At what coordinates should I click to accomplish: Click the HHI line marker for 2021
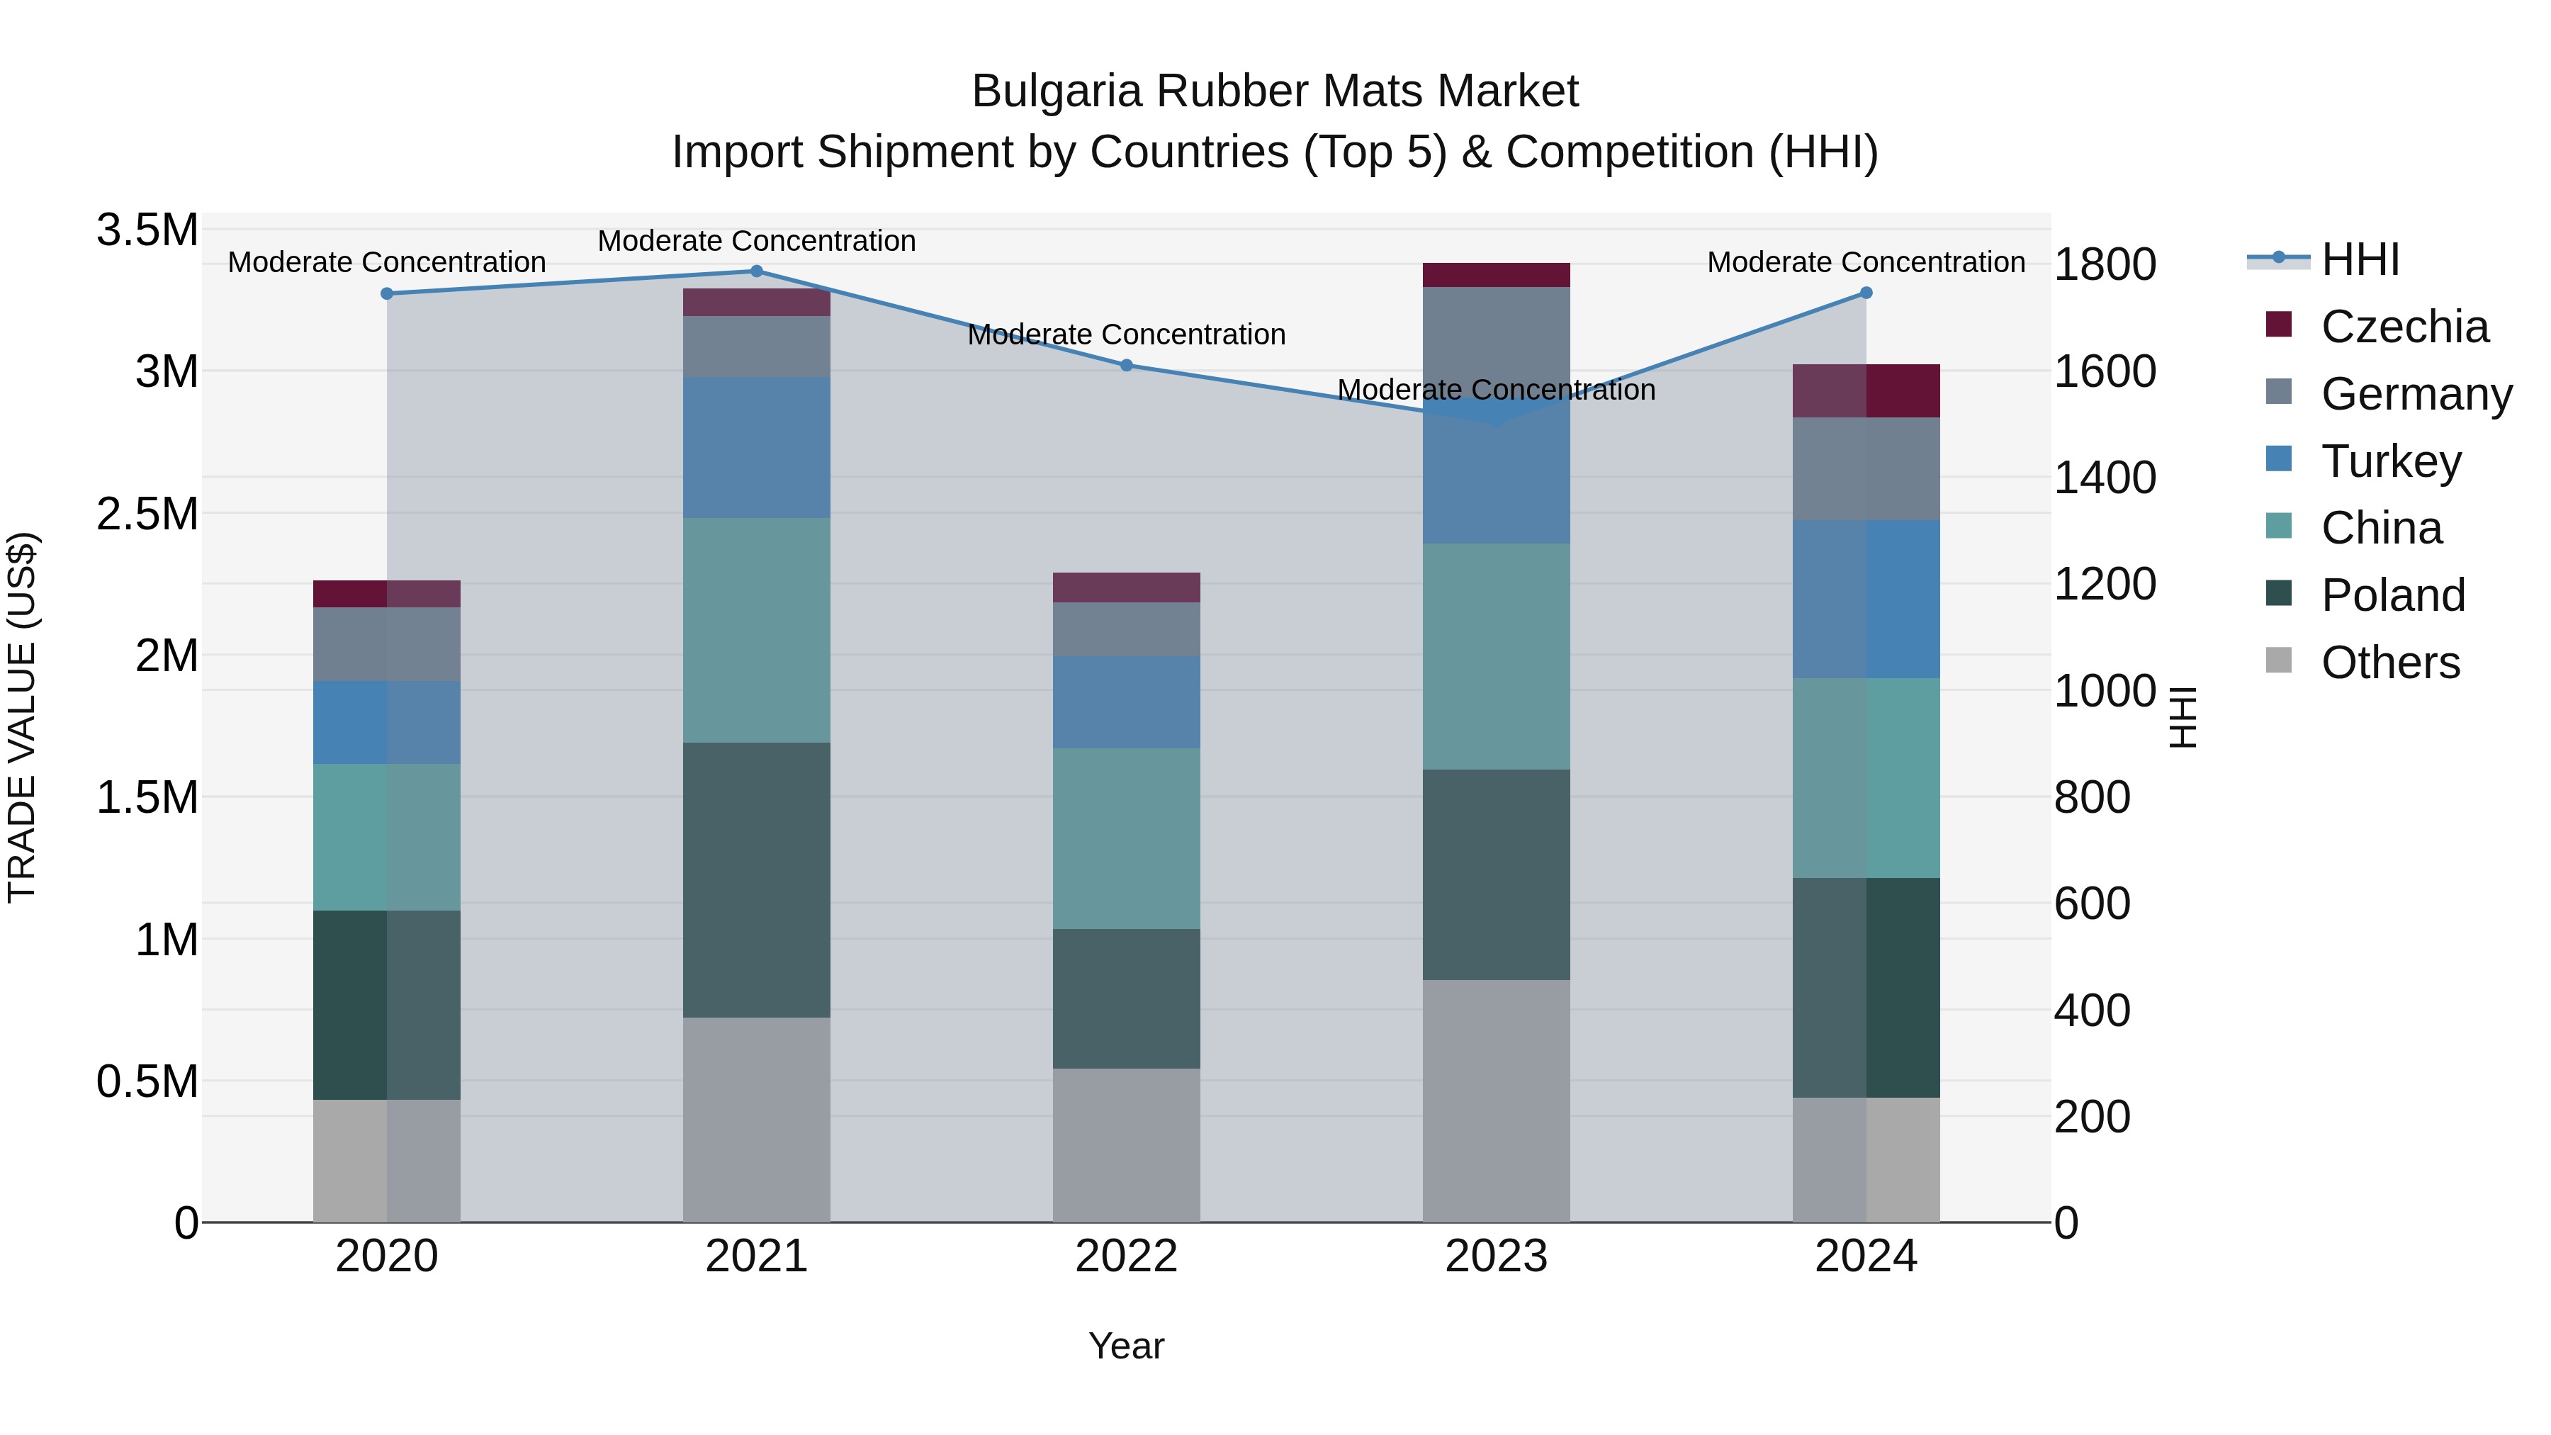(757, 271)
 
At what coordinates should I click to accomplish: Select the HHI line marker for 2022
(1126, 366)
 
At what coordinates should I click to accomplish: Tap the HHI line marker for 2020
(387, 294)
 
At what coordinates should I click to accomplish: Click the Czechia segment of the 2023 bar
(1497, 276)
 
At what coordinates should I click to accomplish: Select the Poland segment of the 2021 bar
(757, 880)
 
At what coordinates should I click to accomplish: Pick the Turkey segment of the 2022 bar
(1126, 702)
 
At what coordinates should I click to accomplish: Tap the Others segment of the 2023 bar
(1497, 1101)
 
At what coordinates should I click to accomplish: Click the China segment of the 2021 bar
(757, 631)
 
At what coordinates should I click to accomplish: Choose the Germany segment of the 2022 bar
(1126, 630)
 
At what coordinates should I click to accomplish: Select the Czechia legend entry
(2404, 327)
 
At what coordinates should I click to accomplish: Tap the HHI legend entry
(2360, 259)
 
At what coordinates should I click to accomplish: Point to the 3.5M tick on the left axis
(147, 231)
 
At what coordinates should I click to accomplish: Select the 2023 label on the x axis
(1497, 1256)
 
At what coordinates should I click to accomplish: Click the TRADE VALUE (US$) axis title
(23, 717)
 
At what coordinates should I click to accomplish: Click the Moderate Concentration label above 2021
(757, 242)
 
